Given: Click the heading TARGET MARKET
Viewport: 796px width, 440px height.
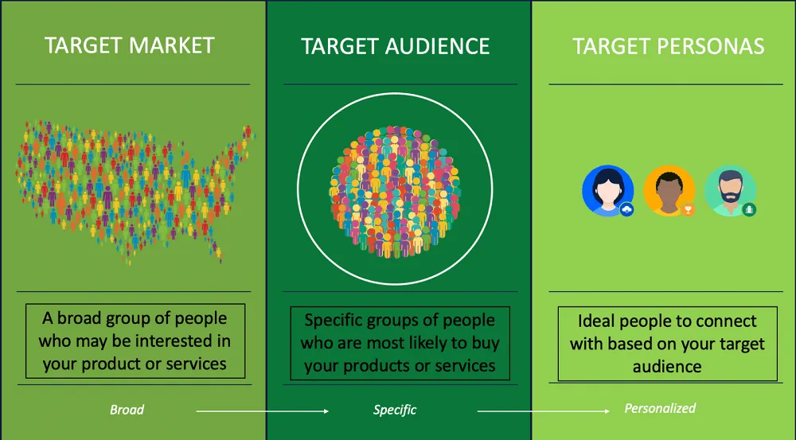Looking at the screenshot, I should click(x=130, y=45).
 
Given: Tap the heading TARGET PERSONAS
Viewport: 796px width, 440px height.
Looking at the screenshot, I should click(x=669, y=46).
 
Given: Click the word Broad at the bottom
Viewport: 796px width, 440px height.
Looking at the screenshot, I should click(x=127, y=410).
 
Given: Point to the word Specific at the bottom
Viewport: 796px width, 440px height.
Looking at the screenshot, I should click(x=395, y=410).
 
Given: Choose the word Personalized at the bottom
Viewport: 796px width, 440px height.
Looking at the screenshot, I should click(x=660, y=408).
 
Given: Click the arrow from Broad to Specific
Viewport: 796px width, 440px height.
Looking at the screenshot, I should click(x=263, y=411).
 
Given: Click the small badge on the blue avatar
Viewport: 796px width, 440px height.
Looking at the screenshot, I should click(x=626, y=209).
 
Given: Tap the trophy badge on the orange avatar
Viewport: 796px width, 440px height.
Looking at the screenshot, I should click(x=689, y=209).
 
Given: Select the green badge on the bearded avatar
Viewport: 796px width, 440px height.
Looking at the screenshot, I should click(x=749, y=209).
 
